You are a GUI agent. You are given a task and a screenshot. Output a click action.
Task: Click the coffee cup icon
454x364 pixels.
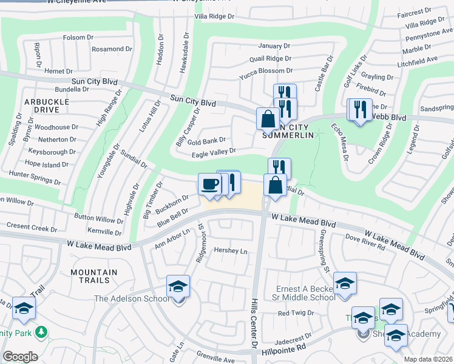(210, 184)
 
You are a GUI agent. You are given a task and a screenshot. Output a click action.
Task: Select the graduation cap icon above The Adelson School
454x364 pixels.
(178, 286)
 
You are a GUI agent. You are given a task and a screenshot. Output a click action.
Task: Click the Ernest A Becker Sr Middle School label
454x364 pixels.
(305, 293)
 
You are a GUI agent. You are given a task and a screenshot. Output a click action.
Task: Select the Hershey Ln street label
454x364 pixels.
(226, 251)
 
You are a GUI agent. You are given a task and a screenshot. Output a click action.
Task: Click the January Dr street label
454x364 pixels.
(269, 46)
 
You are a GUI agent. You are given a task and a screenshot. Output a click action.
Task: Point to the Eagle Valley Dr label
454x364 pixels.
(214, 153)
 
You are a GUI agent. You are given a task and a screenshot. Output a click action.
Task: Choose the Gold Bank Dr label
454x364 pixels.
(206, 141)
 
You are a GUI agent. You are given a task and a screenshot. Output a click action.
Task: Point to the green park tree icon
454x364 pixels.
(41, 332)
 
